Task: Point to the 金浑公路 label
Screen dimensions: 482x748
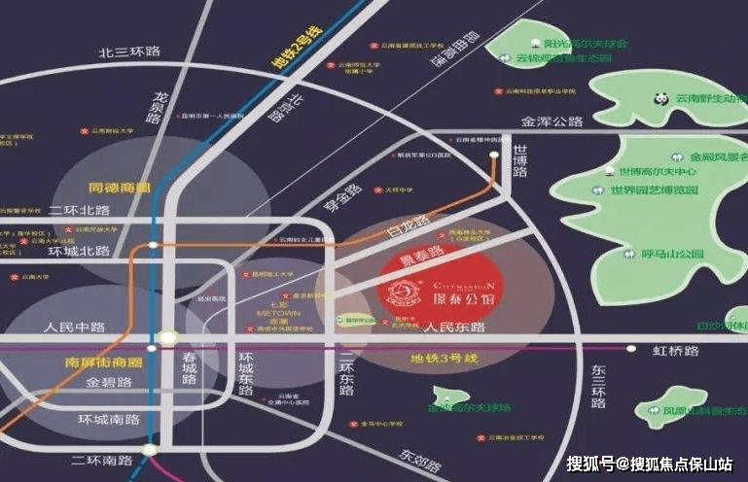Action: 552,122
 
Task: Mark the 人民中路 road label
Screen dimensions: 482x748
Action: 67,327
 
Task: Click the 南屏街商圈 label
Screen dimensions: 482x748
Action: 94,362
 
